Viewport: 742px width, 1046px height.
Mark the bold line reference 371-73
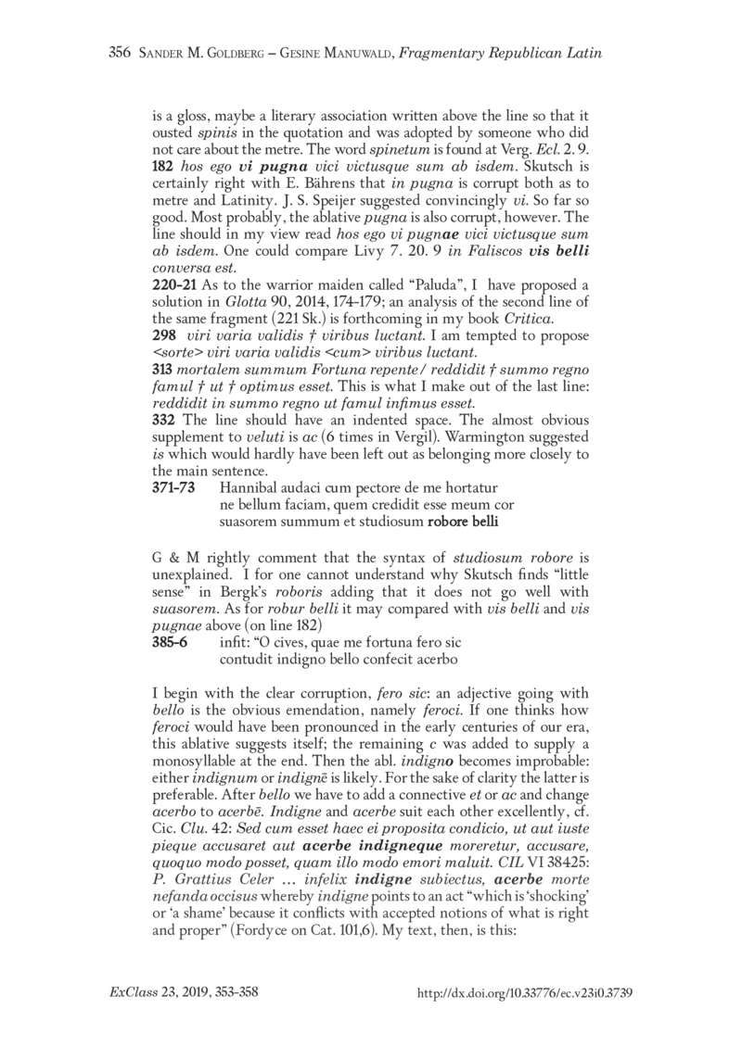click(173, 500)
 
